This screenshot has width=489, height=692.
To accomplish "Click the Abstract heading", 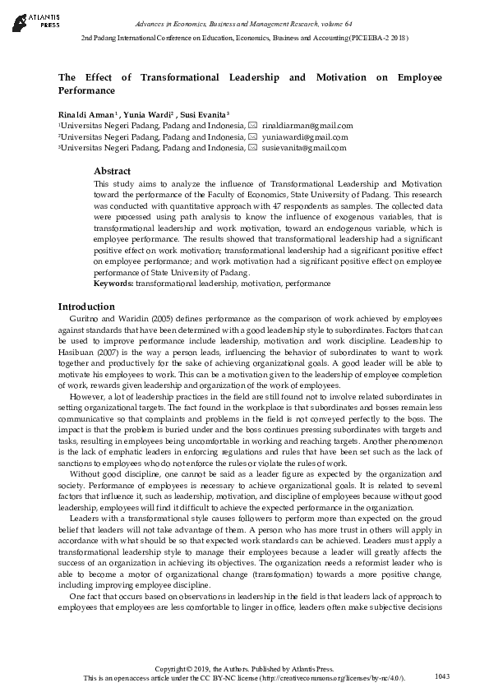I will [113, 171].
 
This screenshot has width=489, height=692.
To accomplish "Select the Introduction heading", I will [88, 306].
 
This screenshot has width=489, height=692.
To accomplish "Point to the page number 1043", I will [442, 676].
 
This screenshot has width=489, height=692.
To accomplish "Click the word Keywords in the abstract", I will [113, 284].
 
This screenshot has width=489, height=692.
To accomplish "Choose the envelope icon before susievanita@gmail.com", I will [253, 148].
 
